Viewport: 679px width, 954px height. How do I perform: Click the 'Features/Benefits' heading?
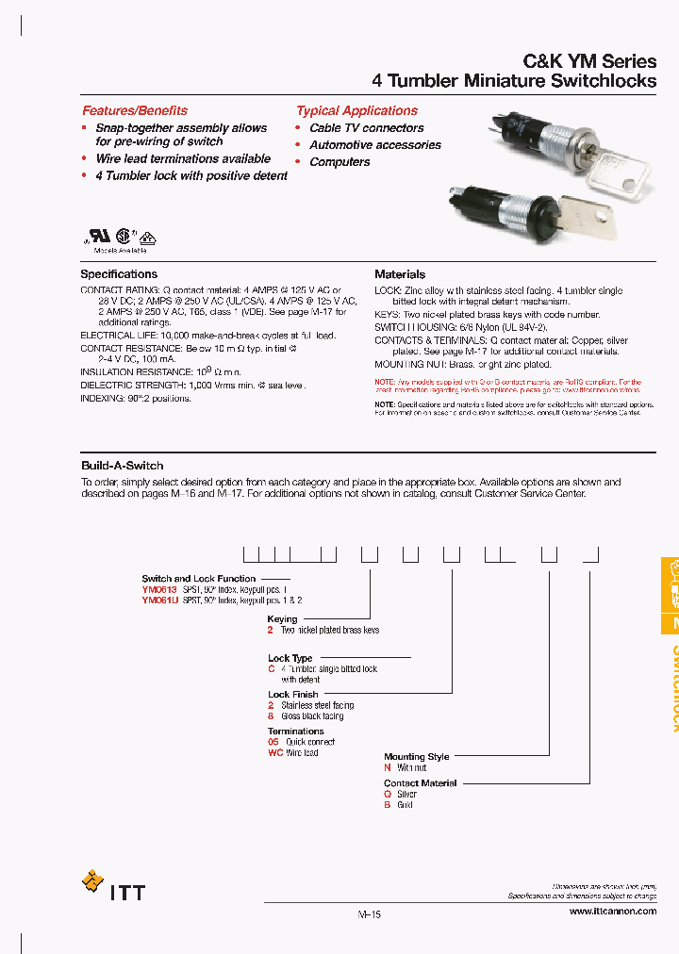click(134, 110)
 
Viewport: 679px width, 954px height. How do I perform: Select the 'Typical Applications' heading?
click(356, 110)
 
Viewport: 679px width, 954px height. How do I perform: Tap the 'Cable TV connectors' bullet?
click(366, 128)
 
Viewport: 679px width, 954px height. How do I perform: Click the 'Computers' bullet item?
click(339, 162)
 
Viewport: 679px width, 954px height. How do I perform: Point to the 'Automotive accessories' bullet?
click(374, 145)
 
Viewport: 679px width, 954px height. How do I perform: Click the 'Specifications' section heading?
click(119, 274)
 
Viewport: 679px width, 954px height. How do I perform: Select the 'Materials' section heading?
click(400, 274)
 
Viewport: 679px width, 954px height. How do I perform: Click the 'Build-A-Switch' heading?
click(123, 466)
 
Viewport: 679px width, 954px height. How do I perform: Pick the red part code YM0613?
click(159, 589)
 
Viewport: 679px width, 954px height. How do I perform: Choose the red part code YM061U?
click(159, 600)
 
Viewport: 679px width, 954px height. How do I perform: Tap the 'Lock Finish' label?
click(293, 695)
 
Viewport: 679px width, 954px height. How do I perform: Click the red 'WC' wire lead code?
click(274, 753)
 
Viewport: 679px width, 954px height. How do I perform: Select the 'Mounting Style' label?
click(416, 757)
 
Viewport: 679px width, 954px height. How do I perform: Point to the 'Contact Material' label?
click(420, 783)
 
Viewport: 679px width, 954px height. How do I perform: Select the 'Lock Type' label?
click(290, 659)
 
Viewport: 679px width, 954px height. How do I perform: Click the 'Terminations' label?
click(295, 732)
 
